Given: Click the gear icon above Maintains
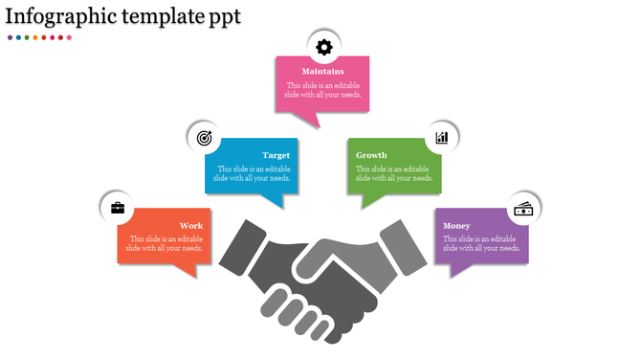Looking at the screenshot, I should point(324,46).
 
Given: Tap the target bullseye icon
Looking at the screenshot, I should point(204,138).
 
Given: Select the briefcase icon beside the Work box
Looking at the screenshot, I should point(118,207).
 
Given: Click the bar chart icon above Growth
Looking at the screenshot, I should point(442,138).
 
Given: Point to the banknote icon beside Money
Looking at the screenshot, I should point(523,208).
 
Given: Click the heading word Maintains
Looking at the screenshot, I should point(323,72).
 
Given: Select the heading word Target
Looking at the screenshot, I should point(276,155).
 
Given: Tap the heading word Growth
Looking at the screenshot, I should point(371,155).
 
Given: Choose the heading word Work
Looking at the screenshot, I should point(191,226).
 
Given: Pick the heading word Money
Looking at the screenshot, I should point(456,226).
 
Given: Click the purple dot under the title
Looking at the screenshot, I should point(10,37).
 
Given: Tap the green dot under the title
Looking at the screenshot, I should point(27,37).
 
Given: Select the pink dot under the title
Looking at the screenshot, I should point(69,37).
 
